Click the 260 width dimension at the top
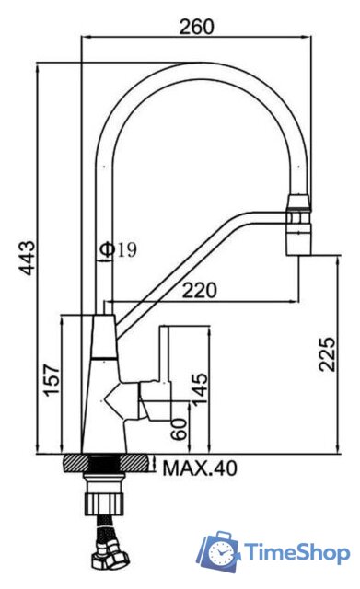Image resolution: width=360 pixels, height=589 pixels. (196, 27)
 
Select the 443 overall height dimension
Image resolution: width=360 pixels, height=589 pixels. (28, 258)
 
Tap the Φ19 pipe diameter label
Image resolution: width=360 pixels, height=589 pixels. (119, 249)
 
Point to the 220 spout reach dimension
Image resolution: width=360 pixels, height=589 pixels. (200, 290)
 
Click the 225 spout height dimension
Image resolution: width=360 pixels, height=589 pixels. (327, 354)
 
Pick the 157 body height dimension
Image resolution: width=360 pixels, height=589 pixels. (52, 379)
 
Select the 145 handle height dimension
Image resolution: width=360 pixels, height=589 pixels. (200, 387)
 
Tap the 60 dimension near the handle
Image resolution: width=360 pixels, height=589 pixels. (179, 429)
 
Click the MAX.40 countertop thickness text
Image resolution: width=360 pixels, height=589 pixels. (200, 468)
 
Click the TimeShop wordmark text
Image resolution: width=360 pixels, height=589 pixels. (296, 553)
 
